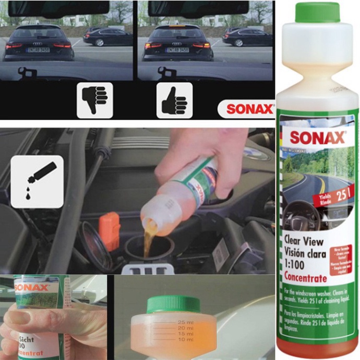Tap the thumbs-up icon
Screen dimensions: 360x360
[174, 99]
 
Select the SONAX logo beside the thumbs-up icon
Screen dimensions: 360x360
[249, 109]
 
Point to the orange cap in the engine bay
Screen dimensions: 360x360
[110, 230]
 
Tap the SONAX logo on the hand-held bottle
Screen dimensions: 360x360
[32, 287]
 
